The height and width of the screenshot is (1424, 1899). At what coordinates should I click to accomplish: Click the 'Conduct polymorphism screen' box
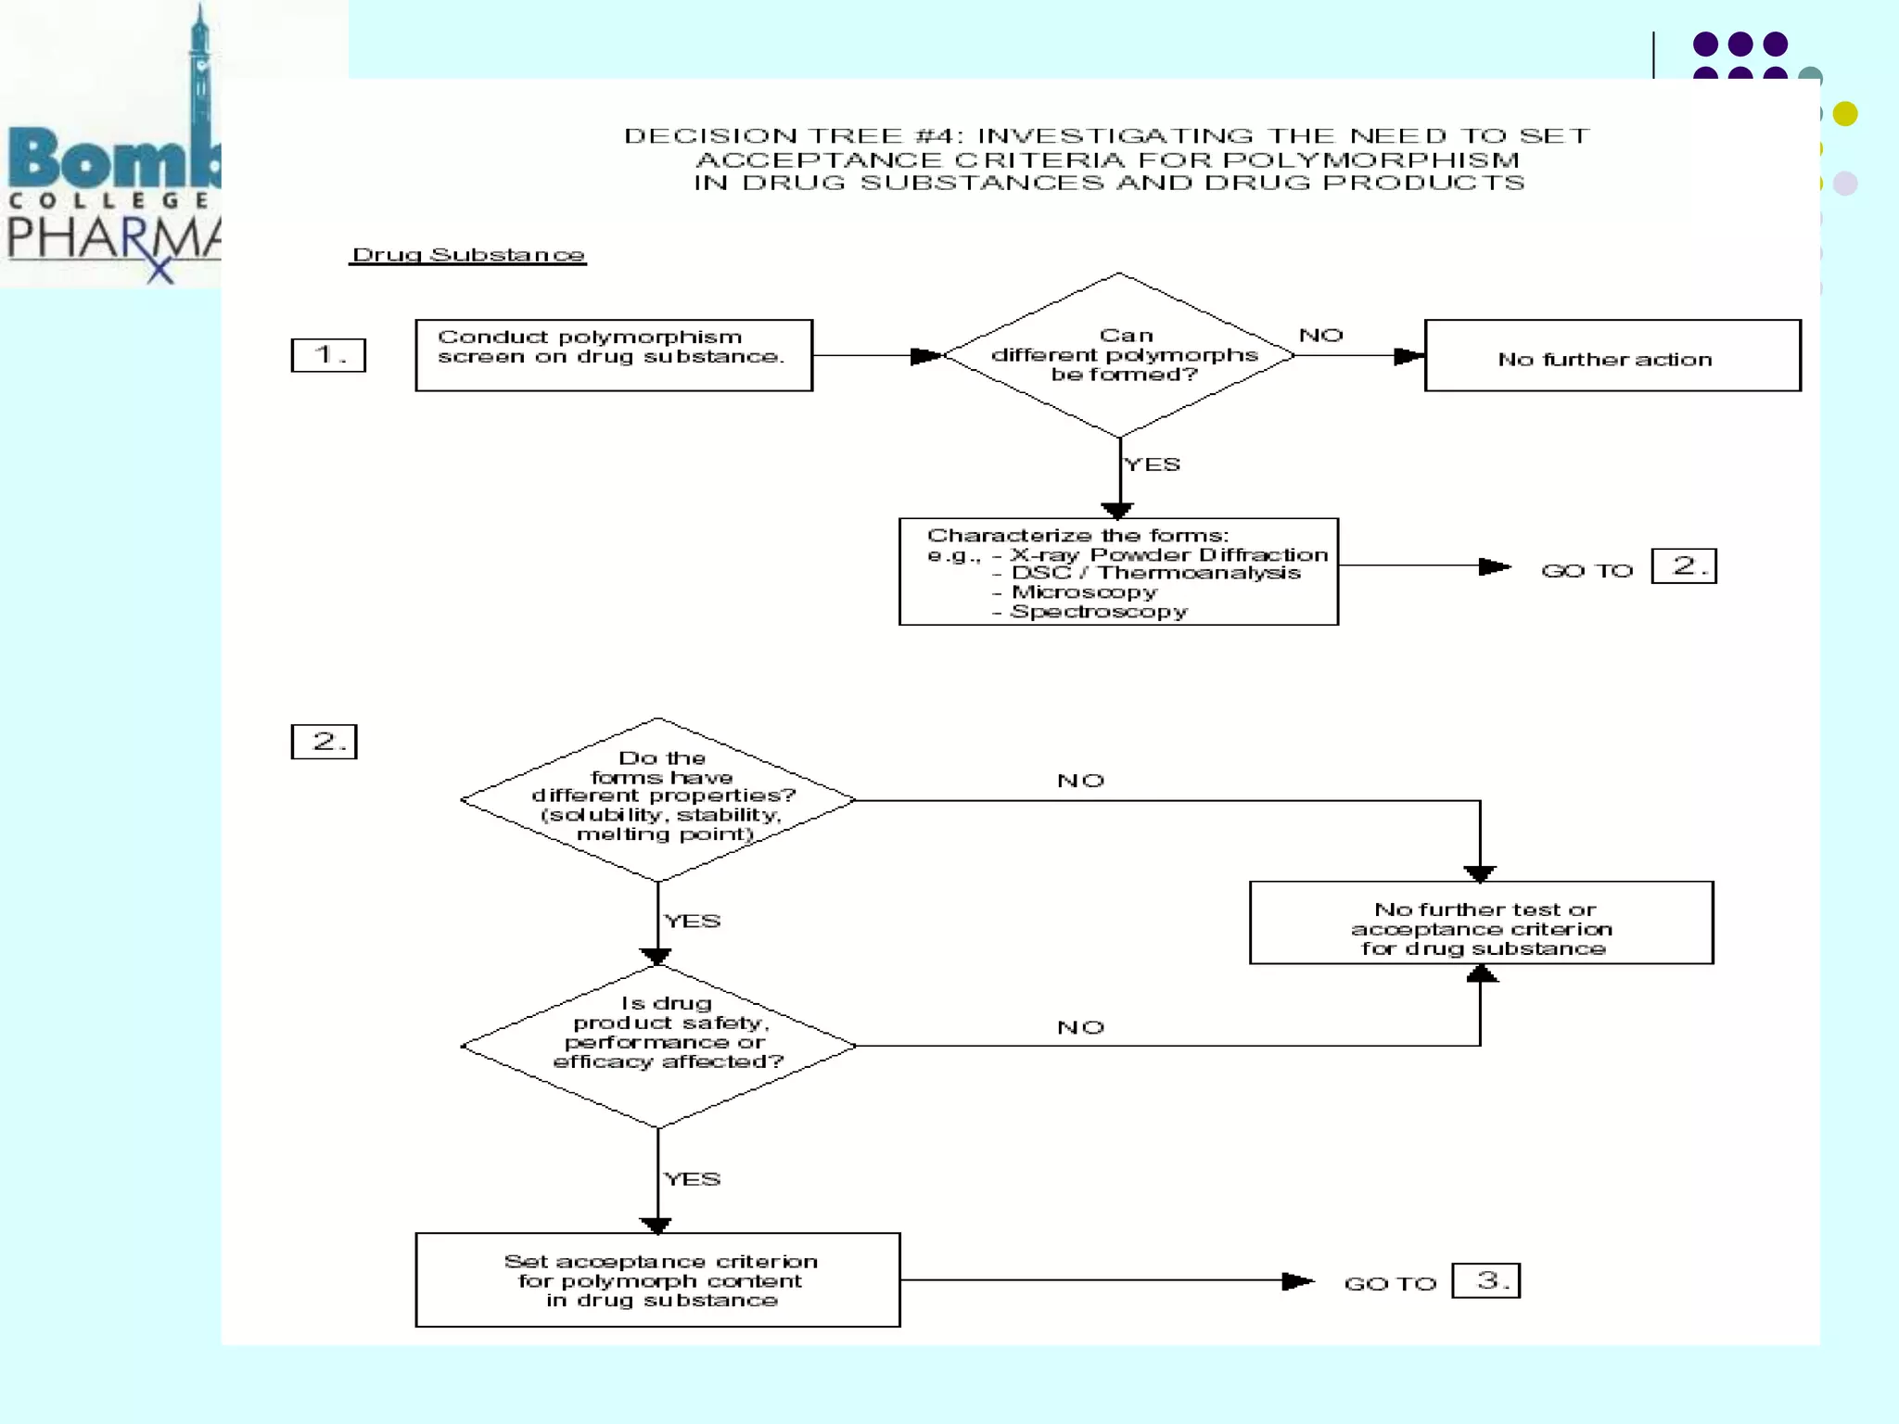(x=614, y=355)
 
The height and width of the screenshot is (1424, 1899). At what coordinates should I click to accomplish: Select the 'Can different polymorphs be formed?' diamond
(x=1119, y=355)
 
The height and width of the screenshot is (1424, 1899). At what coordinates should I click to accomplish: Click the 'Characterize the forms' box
(x=1118, y=572)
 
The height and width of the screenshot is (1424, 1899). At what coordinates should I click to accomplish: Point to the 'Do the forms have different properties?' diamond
(x=657, y=799)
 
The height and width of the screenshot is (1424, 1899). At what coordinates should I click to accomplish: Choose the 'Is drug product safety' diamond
(x=657, y=1046)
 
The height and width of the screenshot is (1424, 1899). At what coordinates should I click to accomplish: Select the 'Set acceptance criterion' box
(x=657, y=1280)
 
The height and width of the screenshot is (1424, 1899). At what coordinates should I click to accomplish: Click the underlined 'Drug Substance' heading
(x=468, y=255)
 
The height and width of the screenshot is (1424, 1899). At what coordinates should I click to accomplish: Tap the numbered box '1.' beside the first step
(x=328, y=355)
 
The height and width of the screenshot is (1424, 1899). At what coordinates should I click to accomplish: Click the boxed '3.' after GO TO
(x=1485, y=1281)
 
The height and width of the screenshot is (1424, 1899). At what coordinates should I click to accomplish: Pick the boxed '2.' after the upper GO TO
(x=1684, y=566)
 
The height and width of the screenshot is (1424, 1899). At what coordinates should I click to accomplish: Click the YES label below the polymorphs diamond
(x=1153, y=464)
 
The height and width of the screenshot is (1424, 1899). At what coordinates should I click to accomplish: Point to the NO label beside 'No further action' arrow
(x=1320, y=335)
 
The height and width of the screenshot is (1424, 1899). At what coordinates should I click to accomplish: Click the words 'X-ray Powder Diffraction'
(x=1169, y=554)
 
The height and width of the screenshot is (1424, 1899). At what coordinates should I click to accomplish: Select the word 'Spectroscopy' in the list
(x=1099, y=612)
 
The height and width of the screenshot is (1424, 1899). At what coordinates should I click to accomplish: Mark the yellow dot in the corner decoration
(x=1845, y=114)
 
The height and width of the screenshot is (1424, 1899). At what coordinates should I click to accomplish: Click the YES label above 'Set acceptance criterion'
(x=693, y=1179)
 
